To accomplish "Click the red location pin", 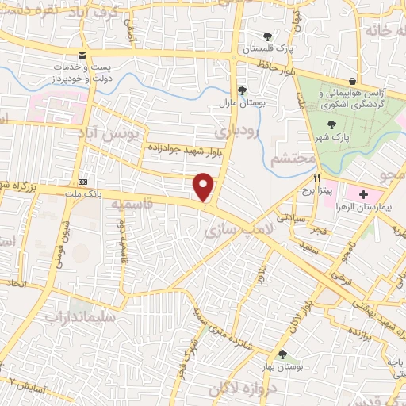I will (x=205, y=187).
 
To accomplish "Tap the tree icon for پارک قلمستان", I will (x=268, y=36).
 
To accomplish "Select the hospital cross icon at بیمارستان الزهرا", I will (x=363, y=194).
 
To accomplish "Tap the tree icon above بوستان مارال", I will (x=241, y=90).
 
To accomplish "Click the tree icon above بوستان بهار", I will (x=282, y=354).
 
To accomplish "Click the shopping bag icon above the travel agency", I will (x=353, y=81).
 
